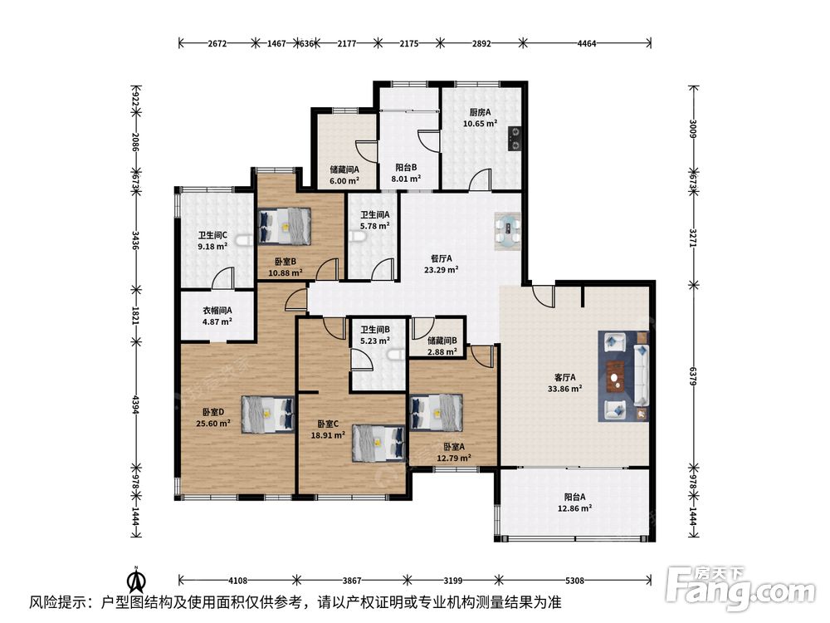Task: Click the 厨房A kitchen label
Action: coord(480,112)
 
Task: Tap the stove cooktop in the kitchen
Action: coord(515,139)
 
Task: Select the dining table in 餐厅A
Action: coord(508,231)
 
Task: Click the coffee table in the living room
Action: coord(615,376)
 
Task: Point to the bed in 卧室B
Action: coord(284,226)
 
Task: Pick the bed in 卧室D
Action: coord(268,415)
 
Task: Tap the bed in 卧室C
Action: coord(379,443)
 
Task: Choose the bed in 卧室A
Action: coord(437,413)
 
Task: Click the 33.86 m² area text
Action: coord(564,388)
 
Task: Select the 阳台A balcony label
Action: coord(574,497)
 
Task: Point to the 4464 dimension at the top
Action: coord(587,43)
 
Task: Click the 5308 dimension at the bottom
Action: coord(574,580)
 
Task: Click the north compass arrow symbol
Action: coord(137,580)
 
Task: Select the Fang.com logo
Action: coord(740,588)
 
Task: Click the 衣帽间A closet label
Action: coord(217,311)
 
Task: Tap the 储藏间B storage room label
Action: coord(442,341)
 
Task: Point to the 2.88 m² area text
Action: coord(442,351)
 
